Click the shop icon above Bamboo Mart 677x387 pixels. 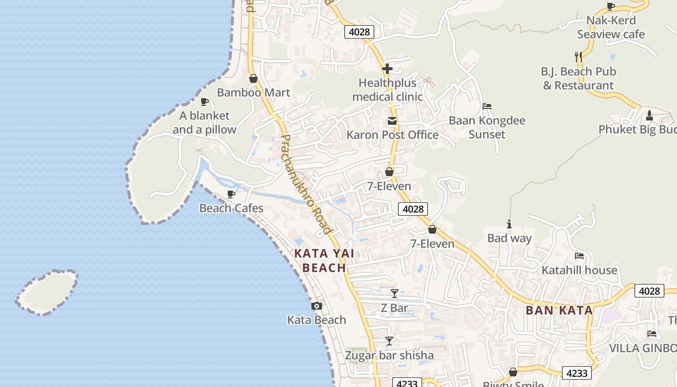pyautogui.click(x=253, y=78)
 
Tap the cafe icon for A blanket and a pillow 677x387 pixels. pyautogui.click(x=205, y=102)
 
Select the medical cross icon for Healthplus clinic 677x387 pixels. pyautogui.click(x=387, y=69)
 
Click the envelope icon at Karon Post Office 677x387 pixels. pyautogui.click(x=392, y=121)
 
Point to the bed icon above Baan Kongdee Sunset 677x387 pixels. pyautogui.click(x=487, y=106)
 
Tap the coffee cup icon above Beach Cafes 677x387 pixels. pyautogui.click(x=231, y=194)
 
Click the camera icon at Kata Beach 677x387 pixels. pyautogui.click(x=317, y=306)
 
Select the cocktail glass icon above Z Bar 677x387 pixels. pyautogui.click(x=395, y=293)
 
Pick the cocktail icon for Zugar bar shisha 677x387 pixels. pyautogui.click(x=389, y=341)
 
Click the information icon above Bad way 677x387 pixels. pyautogui.click(x=509, y=224)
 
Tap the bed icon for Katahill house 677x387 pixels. pyautogui.click(x=579, y=256)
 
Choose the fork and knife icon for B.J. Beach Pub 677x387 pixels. pyautogui.click(x=578, y=57)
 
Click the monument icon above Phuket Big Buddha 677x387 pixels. pyautogui.click(x=649, y=116)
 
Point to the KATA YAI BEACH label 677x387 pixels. pyautogui.click(x=324, y=260)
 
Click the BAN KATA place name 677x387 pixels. pyautogui.click(x=559, y=311)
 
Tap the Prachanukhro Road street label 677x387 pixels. pyautogui.click(x=306, y=184)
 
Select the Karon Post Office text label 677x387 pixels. pyautogui.click(x=392, y=135)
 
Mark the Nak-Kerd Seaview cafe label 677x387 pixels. pyautogui.click(x=611, y=27)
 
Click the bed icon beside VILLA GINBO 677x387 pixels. pyautogui.click(x=652, y=334)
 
